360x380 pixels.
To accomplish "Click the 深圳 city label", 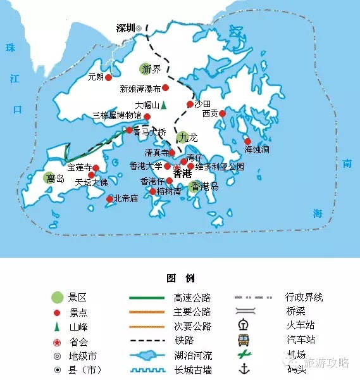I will click(x=126, y=28).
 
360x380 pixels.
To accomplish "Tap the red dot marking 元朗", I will click(x=109, y=77).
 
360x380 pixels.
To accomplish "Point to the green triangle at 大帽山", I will click(x=163, y=105).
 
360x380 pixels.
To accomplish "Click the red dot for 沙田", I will click(x=189, y=104).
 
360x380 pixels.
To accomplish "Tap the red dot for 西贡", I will click(x=223, y=113).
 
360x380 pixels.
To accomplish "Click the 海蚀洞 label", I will click(x=257, y=149).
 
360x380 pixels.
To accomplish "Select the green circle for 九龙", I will click(x=183, y=137).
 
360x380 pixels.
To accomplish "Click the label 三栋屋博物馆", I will click(x=116, y=116).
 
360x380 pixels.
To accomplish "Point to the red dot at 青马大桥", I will click(x=130, y=130).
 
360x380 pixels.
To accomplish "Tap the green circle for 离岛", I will click(x=50, y=179).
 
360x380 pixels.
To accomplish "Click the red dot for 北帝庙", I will click(x=109, y=199).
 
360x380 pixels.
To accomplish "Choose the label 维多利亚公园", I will click(x=220, y=167).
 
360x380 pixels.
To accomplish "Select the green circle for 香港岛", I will click(x=193, y=186).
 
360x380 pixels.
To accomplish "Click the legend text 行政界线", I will click(x=304, y=297).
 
